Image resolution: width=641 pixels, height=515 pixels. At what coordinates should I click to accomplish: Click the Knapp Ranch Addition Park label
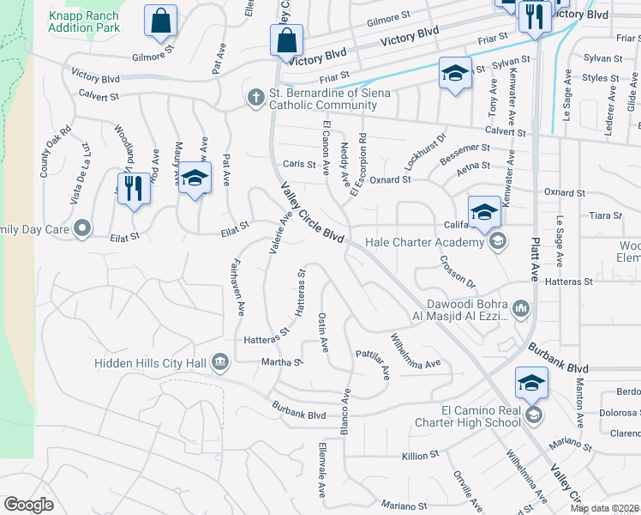(x=84, y=21)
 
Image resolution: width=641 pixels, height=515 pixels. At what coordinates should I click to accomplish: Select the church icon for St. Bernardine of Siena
(x=255, y=98)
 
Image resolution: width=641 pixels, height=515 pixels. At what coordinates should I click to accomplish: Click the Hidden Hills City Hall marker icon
(x=220, y=362)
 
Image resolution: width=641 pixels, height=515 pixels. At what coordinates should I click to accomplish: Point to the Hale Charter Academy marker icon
(x=497, y=242)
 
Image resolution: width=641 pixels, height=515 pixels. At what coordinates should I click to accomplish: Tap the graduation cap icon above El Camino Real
(x=531, y=383)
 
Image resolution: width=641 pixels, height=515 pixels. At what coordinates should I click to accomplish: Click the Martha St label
(x=288, y=362)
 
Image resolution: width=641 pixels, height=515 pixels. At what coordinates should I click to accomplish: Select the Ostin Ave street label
(x=324, y=332)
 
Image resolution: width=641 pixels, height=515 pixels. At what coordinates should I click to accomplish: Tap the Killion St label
(x=422, y=452)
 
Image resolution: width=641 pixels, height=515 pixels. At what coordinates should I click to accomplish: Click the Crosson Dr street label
(x=458, y=270)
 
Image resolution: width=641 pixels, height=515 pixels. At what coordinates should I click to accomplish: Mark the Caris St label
(x=294, y=164)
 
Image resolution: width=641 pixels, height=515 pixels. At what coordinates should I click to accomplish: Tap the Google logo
(x=28, y=505)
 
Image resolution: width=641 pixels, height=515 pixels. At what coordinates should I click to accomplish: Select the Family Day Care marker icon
(x=82, y=229)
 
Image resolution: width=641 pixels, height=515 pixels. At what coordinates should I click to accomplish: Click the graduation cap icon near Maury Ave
(x=195, y=179)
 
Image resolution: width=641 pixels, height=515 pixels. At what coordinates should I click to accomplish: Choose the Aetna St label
(x=472, y=165)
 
